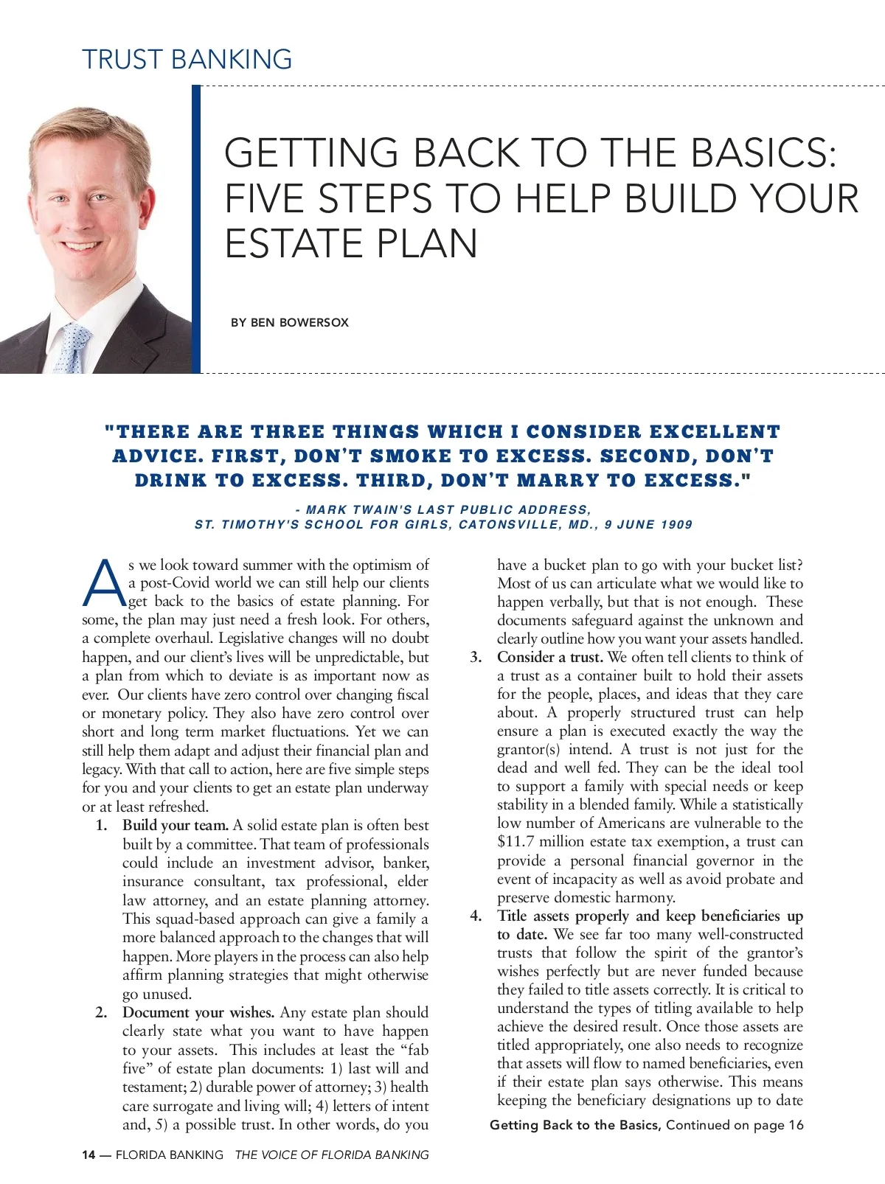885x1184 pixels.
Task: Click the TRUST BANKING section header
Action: coord(187,59)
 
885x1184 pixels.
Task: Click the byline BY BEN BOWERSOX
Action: coord(289,322)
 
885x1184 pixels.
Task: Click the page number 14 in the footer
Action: coord(88,1155)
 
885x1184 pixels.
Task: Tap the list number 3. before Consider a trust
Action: coord(476,657)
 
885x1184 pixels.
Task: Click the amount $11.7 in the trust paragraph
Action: coord(515,842)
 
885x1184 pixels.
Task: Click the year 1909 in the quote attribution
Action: coord(676,525)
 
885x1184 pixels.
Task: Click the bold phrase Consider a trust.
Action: coord(549,657)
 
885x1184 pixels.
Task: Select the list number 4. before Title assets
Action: coord(476,916)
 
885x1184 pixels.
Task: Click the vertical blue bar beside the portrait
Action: coord(196,229)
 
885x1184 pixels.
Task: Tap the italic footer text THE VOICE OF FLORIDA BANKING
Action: coord(331,1155)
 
